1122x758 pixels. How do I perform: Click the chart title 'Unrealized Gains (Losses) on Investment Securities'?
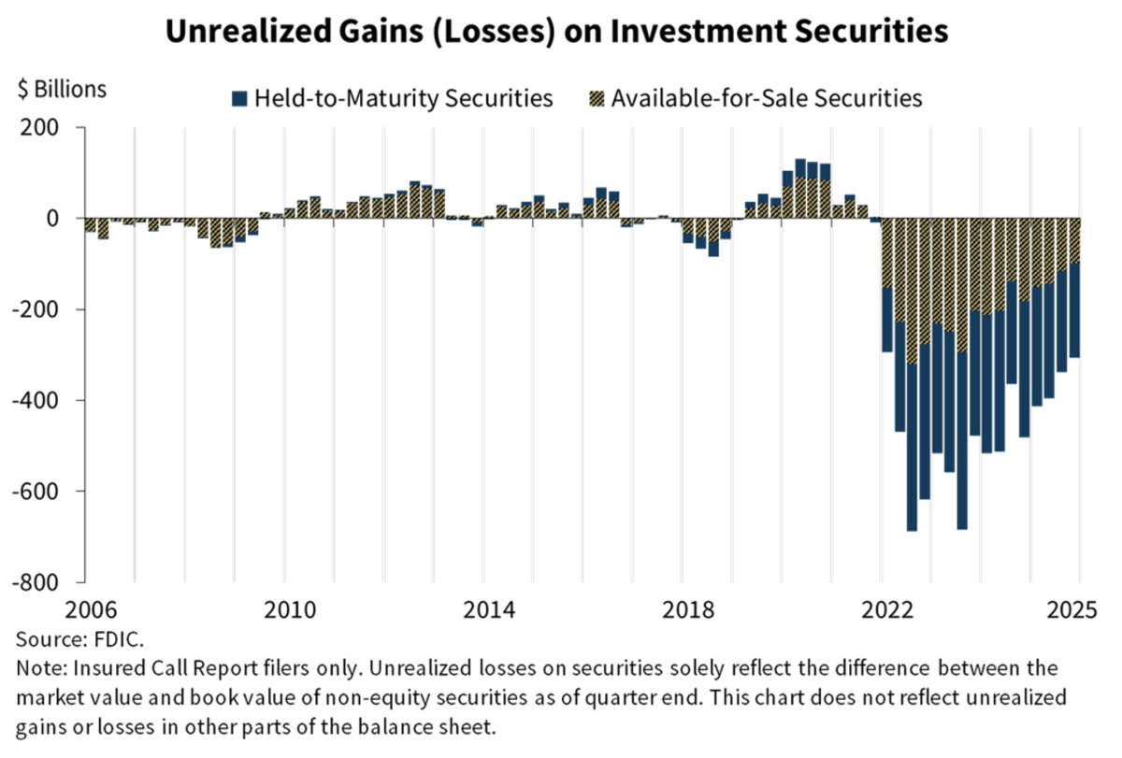coord(557,32)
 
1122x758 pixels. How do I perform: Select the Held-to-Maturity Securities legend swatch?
coord(239,97)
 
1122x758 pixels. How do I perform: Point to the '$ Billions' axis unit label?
coord(62,90)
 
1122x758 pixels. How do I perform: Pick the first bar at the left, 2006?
coord(91,225)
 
